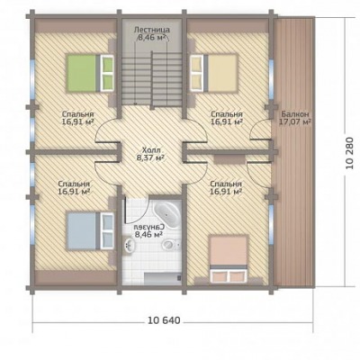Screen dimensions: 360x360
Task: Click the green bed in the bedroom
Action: coord(90,72)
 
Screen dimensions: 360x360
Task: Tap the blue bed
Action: coord(90,230)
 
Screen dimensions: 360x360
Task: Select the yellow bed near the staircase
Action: coord(213,72)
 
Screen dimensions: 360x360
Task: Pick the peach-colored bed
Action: coord(229,259)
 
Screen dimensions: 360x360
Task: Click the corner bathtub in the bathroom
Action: coord(167,214)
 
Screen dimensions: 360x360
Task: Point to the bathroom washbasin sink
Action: coord(130,247)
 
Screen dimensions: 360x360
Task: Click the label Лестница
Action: coord(152,30)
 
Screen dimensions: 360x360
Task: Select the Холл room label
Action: coord(151,150)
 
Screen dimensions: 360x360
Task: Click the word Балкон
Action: coord(295,114)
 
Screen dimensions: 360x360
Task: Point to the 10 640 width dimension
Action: coord(165,320)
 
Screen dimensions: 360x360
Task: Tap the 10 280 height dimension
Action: coord(349,153)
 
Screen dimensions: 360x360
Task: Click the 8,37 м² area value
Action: coord(151,157)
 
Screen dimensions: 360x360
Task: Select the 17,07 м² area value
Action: coord(294,122)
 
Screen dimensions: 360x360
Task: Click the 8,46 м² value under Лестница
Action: coord(152,38)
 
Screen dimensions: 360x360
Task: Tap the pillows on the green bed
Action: coord(107,73)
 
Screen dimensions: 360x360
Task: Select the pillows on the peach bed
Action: coord(229,275)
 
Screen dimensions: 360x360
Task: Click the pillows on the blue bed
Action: coord(107,230)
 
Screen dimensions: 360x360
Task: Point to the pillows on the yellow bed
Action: coord(197,73)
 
